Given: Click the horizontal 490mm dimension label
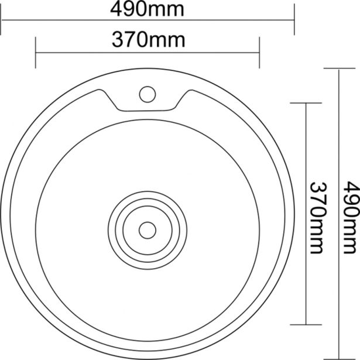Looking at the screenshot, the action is tap(147, 9).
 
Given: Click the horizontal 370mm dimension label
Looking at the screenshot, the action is tap(148, 40).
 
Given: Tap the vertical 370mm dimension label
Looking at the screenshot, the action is tap(317, 218).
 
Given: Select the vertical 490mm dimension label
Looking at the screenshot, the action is tap(351, 217).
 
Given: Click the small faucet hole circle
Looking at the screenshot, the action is tap(148, 94).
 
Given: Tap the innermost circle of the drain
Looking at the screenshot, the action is tap(148, 230).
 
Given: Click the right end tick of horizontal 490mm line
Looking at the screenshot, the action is tap(294, 19).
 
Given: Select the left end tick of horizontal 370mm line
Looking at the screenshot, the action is tap(36, 53).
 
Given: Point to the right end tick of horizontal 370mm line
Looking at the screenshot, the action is tap(259, 53).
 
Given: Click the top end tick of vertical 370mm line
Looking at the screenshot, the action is tap(306, 103).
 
